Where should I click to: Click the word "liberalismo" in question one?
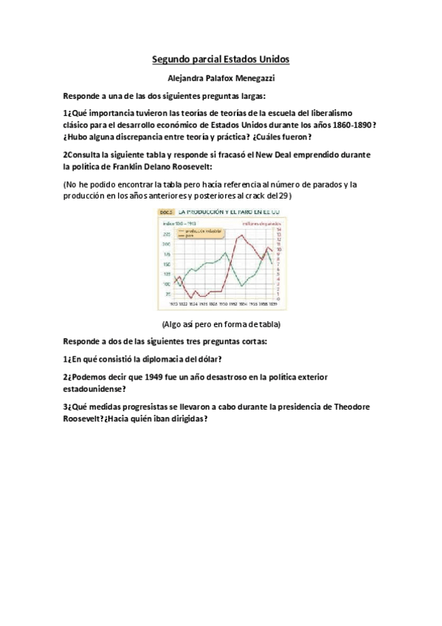point(349,112)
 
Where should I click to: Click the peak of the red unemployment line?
point(241,235)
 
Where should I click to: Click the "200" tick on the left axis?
point(166,244)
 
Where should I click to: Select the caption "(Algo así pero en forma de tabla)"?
point(221,325)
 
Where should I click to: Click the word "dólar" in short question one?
point(207,358)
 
